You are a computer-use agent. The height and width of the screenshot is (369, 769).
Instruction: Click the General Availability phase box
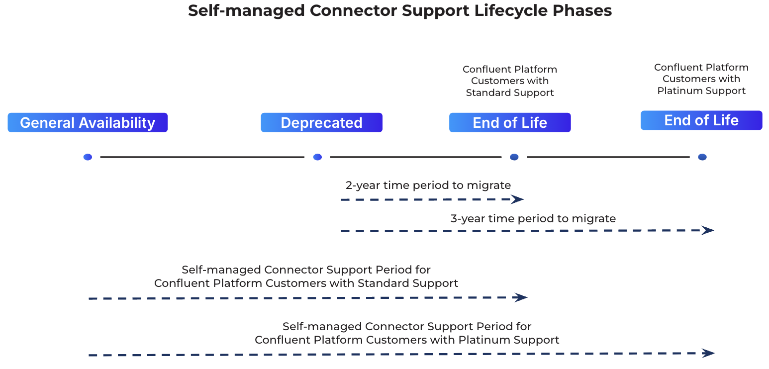tap(88, 123)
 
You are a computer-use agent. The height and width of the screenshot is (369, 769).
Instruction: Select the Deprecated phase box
tap(321, 123)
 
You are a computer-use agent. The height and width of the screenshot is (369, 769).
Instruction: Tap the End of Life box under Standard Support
tap(510, 123)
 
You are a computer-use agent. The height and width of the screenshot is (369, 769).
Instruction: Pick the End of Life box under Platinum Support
tap(701, 120)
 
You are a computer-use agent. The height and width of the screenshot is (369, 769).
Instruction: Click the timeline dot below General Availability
tap(88, 157)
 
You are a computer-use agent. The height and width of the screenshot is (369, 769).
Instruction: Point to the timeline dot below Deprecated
tap(317, 157)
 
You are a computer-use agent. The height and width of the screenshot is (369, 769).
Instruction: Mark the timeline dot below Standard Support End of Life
tap(514, 157)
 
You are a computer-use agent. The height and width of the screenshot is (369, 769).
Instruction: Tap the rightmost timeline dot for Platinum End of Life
tap(702, 157)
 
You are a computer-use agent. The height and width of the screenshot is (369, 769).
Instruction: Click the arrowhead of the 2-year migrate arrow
tap(518, 199)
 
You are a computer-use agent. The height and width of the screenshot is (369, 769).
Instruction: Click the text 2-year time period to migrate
tap(428, 185)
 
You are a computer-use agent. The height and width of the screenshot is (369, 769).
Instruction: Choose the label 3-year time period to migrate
tap(533, 218)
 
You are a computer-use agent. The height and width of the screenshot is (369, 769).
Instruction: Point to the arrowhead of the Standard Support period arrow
tap(521, 297)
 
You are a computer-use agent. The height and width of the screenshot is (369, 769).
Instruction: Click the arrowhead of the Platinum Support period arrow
tap(708, 353)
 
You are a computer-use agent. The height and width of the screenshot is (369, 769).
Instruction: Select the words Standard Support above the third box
tap(510, 92)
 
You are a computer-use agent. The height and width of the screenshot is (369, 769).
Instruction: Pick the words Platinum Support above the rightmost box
tap(701, 91)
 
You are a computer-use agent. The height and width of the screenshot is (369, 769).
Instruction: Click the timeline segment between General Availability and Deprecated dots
tap(202, 157)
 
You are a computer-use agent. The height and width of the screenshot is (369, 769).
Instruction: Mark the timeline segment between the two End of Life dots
tap(608, 157)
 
